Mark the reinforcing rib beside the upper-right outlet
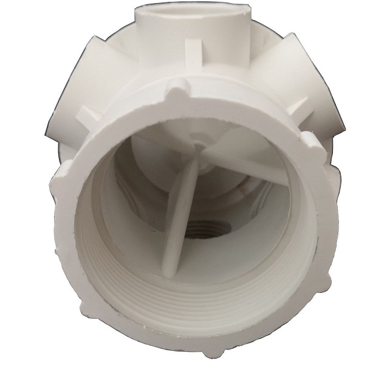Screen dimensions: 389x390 298,109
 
